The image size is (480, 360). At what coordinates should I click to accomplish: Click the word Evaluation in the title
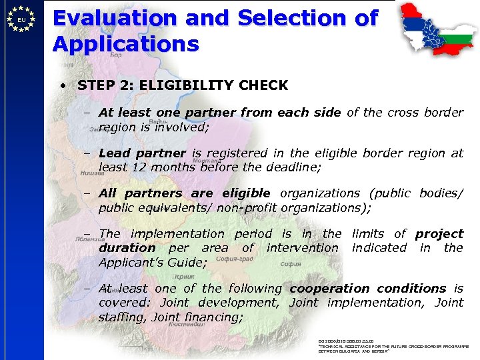point(115,18)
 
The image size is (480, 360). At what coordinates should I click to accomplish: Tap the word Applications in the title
point(126,44)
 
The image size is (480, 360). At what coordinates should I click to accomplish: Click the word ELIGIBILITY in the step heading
point(190,85)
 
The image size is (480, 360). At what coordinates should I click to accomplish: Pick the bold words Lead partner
point(143,153)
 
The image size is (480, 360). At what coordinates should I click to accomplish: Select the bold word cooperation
point(329,289)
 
